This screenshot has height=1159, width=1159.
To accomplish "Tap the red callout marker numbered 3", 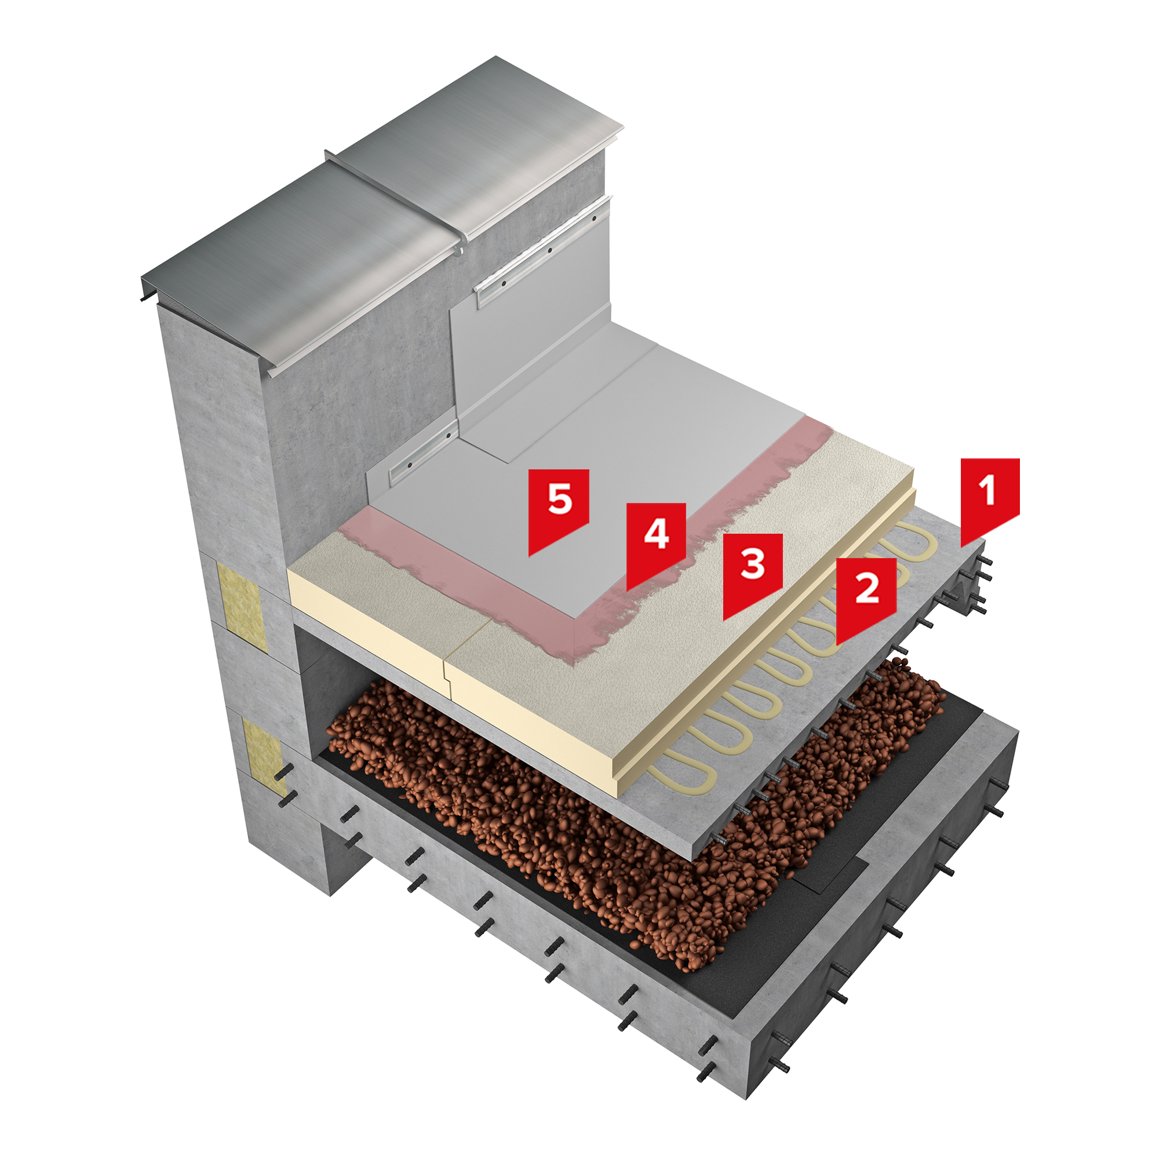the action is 753,570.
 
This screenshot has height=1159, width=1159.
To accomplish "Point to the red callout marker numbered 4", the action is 657,540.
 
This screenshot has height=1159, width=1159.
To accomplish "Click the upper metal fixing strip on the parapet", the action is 543,249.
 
